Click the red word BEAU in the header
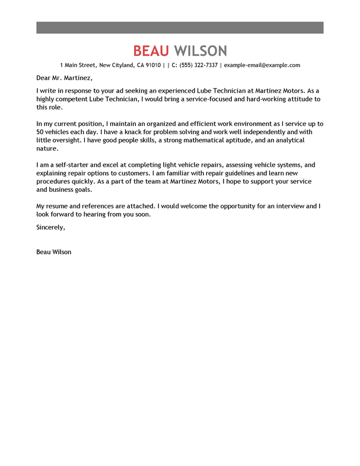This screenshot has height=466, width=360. point(151,50)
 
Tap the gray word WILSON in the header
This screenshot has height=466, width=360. point(200,50)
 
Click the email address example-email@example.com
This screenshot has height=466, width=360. point(262,65)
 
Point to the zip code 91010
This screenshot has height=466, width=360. point(153,65)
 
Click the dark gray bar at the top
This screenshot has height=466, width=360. point(180,28)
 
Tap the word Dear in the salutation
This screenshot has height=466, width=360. point(43,78)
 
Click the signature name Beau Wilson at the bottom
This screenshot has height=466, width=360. point(53,252)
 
